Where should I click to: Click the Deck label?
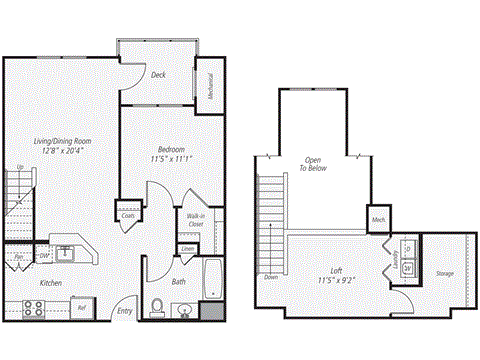[x=158, y=75]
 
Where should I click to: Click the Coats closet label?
[x=129, y=214]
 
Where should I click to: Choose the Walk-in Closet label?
[x=195, y=221]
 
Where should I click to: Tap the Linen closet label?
[x=187, y=249]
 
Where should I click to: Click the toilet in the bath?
[x=157, y=307]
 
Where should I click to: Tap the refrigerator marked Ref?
[x=82, y=308]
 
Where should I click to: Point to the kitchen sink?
[x=64, y=250]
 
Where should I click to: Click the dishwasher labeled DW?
[x=41, y=257]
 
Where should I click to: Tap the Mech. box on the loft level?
[x=379, y=219]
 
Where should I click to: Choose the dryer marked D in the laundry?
[x=410, y=248]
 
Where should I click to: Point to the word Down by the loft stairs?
[x=271, y=277]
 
